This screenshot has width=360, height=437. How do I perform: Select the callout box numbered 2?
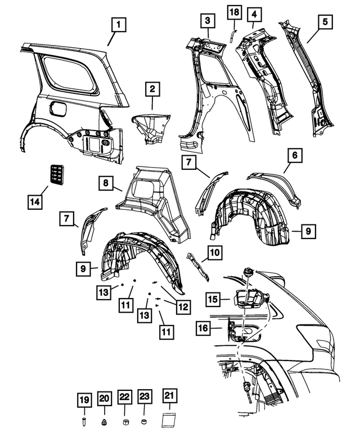coord(152,88)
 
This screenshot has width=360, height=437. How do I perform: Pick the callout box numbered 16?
coord(202,327)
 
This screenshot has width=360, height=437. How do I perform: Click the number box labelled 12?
coord(183,307)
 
